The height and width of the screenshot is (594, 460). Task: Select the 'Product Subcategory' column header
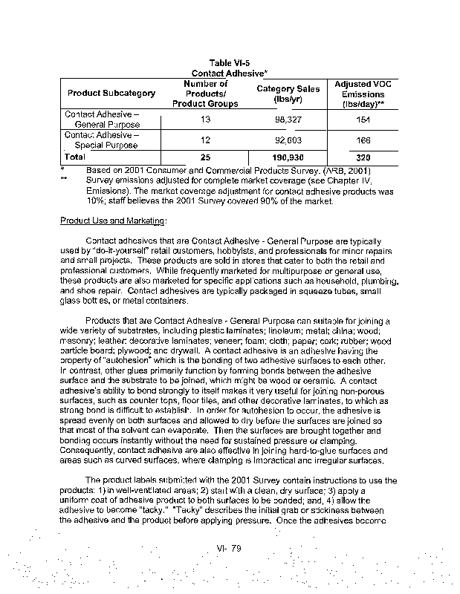pos(111,94)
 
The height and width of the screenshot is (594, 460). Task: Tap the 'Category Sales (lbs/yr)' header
pos(288,94)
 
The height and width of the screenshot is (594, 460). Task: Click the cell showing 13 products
pos(205,120)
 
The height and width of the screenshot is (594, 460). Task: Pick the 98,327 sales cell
pos(288,120)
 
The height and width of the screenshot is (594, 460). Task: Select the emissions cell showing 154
pos(363,120)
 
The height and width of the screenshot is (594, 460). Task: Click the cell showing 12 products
pos(205,140)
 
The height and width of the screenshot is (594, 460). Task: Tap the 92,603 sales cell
pos(288,140)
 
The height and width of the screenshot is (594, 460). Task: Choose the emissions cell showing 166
pos(363,140)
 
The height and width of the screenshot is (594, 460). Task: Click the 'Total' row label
pos(76,157)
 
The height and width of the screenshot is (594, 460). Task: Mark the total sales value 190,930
pos(288,158)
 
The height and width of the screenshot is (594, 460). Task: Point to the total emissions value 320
pos(363,158)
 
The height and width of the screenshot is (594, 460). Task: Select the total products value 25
pos(205,158)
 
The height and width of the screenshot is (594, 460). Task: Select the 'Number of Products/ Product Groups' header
pos(205,94)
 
